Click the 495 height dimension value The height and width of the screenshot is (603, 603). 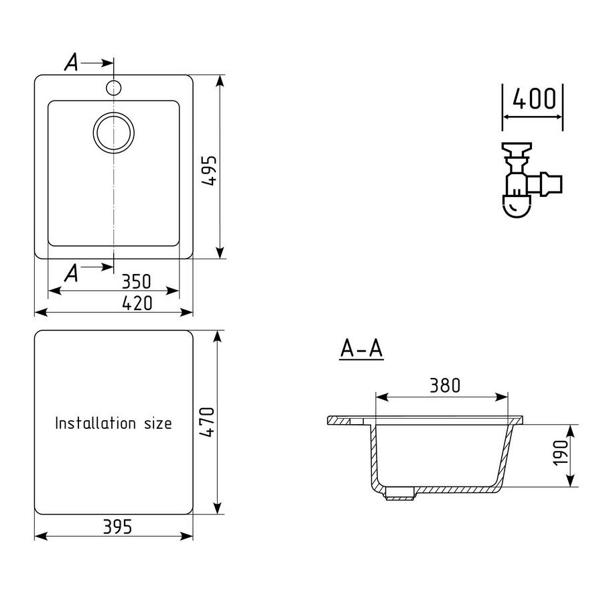[210, 171]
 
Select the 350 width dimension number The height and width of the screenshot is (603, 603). [137, 281]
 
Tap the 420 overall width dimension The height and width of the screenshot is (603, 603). [137, 303]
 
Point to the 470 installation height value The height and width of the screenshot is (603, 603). [207, 421]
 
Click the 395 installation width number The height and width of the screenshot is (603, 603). [118, 527]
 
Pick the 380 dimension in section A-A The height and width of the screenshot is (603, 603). [445, 385]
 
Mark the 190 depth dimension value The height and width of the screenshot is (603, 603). [561, 453]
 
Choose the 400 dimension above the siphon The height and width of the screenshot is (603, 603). [535, 98]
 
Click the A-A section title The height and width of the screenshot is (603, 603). [362, 349]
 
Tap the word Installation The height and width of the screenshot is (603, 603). [95, 423]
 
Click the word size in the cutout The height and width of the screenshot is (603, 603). [158, 423]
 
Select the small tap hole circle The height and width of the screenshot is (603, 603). [114, 87]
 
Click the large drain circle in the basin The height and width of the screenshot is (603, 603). [114, 133]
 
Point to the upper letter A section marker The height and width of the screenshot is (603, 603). [71, 62]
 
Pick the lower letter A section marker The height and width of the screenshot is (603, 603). [71, 273]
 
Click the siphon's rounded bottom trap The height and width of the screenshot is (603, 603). [517, 206]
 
